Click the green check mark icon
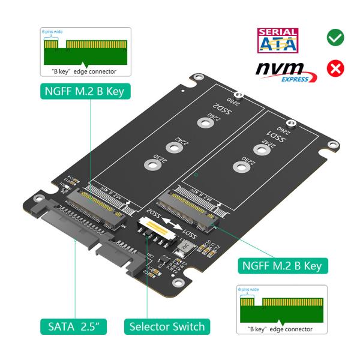pyautogui.click(x=335, y=38)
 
